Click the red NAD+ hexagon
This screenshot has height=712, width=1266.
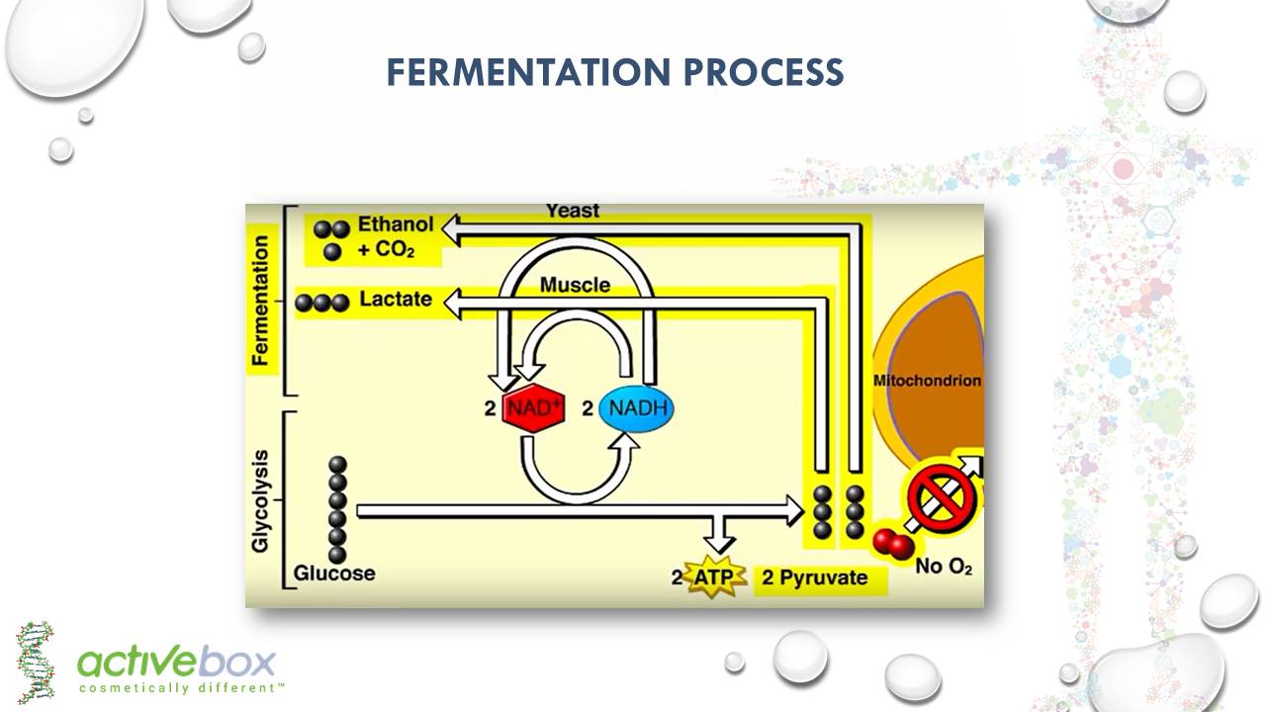(x=533, y=407)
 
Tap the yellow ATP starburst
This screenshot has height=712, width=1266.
(x=715, y=578)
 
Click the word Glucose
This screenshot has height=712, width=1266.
(x=334, y=573)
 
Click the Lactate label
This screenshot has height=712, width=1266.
(x=396, y=299)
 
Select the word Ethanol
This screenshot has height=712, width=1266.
(x=396, y=224)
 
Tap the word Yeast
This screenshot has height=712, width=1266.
(x=572, y=211)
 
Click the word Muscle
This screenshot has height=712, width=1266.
(x=575, y=285)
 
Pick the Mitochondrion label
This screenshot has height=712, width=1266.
(x=927, y=381)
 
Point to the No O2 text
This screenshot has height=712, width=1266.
(x=944, y=568)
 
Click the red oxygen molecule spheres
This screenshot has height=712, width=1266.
(x=893, y=543)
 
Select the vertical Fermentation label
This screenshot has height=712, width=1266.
(x=260, y=301)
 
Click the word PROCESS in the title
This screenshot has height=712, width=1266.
(x=761, y=72)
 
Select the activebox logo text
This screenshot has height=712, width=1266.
(x=176, y=662)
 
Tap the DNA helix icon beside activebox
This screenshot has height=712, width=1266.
(x=36, y=662)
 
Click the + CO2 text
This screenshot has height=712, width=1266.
(x=386, y=250)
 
